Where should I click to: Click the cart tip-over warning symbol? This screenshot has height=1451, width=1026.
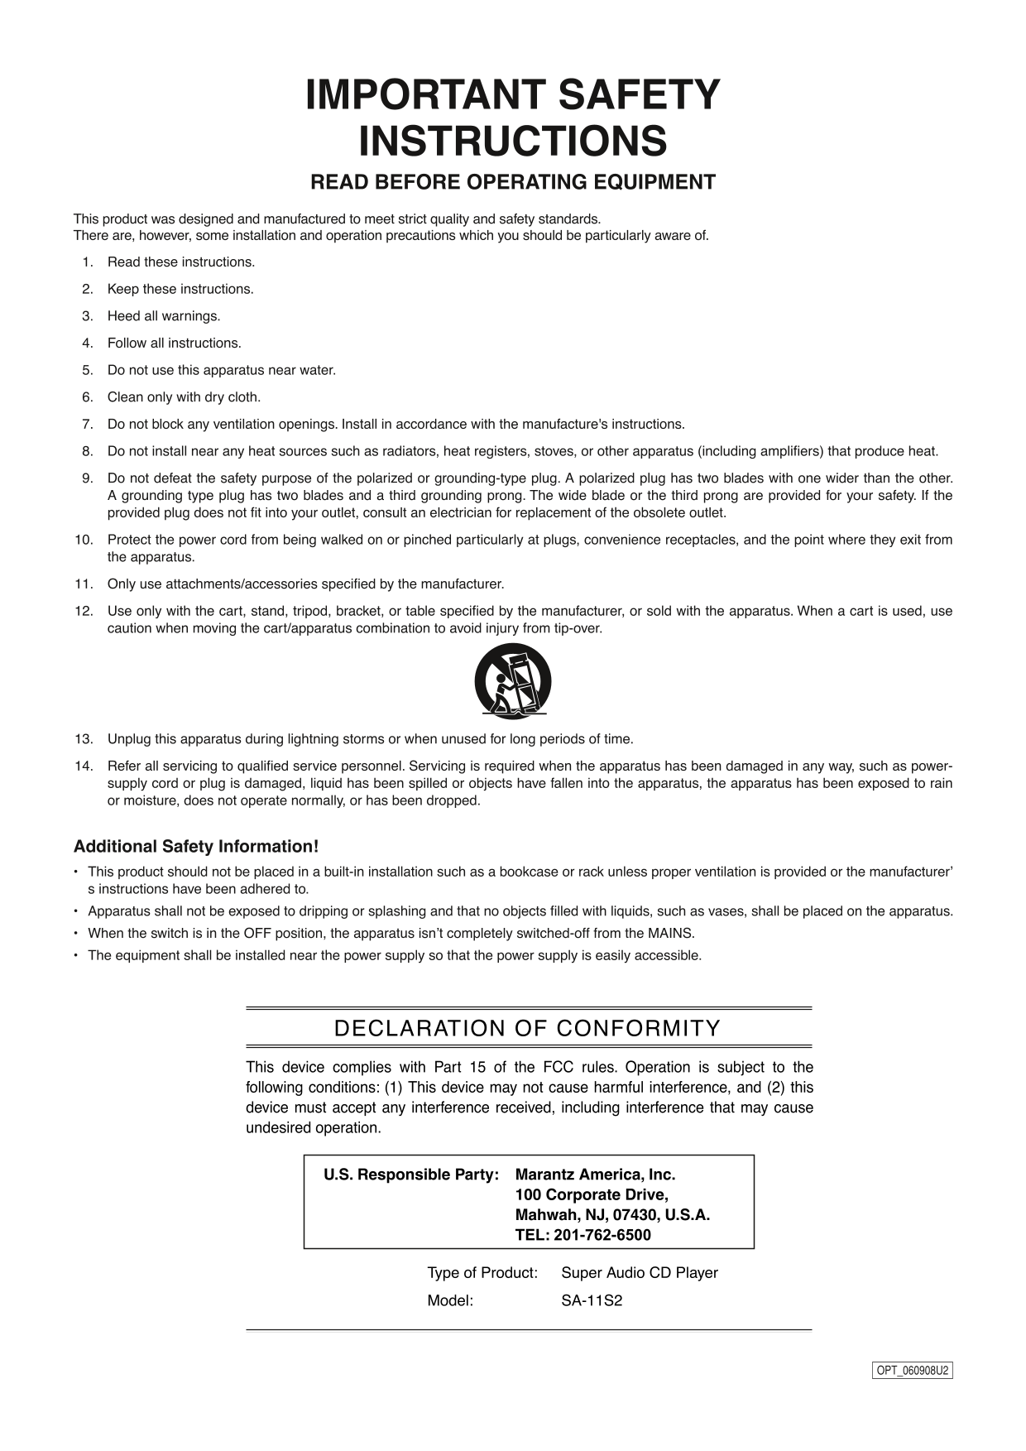pyautogui.click(x=512, y=680)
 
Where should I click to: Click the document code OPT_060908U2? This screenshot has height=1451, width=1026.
pyautogui.click(x=913, y=1370)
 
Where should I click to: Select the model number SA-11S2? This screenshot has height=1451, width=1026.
pyautogui.click(x=592, y=1300)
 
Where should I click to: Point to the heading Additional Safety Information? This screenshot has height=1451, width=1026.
pyautogui.click(x=196, y=846)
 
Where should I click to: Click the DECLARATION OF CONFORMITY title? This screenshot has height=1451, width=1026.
pyautogui.click(x=527, y=1028)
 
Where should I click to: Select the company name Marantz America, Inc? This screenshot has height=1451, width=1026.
pyautogui.click(x=595, y=1175)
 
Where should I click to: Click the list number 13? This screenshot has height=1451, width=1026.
pyautogui.click(x=84, y=738)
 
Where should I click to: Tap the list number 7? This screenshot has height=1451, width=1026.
pyautogui.click(x=87, y=424)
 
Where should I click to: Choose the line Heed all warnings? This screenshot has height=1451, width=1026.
pyautogui.click(x=164, y=315)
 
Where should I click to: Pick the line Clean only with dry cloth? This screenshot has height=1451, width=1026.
pyautogui.click(x=184, y=396)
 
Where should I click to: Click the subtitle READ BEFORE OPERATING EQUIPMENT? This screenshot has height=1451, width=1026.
pyautogui.click(x=512, y=182)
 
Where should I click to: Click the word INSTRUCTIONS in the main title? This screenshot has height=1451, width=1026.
pyautogui.click(x=512, y=142)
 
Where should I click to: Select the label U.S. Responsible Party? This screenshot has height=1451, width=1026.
pyautogui.click(x=410, y=1175)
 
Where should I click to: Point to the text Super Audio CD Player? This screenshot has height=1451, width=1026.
pyautogui.click(x=639, y=1272)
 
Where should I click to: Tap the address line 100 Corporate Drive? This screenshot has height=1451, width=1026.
pyautogui.click(x=591, y=1194)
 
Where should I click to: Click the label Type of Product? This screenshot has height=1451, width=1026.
pyautogui.click(x=482, y=1272)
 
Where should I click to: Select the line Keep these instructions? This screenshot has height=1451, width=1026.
pyautogui.click(x=180, y=289)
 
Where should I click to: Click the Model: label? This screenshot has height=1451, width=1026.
pyautogui.click(x=450, y=1300)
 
